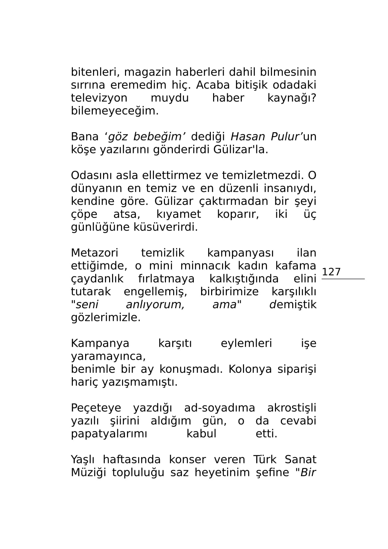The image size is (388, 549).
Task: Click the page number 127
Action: click(331, 272)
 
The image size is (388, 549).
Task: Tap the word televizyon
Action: click(99, 98)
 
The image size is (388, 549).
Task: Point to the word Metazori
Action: click(94, 253)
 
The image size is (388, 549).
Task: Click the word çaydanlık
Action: click(97, 279)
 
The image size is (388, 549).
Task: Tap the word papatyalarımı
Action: click(109, 434)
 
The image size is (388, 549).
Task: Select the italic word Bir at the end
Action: click(308, 473)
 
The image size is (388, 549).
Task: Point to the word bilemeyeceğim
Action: click(115, 111)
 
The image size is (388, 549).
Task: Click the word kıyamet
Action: click(179, 214)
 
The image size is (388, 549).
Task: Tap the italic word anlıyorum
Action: click(155, 305)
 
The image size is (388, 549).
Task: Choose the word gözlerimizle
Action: click(106, 318)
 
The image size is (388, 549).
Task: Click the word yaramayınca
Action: click(108, 356)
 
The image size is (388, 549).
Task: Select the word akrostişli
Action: click(292, 408)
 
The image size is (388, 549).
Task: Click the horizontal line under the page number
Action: click(343, 279)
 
